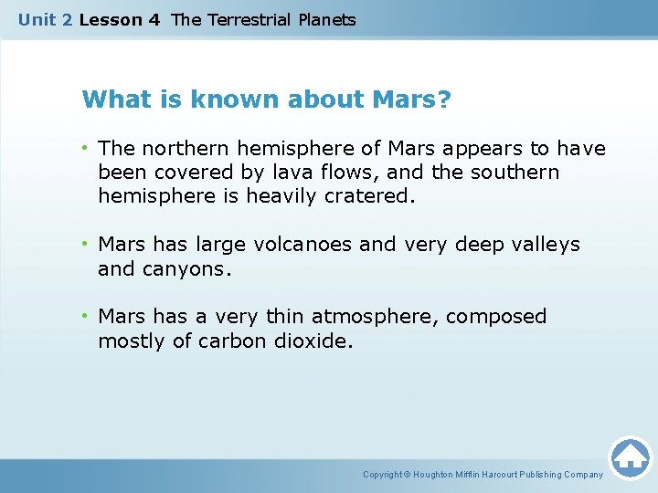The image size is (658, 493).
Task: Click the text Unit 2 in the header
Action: tap(46, 19)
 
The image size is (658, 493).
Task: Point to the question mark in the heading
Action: tap(444, 99)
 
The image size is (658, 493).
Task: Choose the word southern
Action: tap(515, 172)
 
